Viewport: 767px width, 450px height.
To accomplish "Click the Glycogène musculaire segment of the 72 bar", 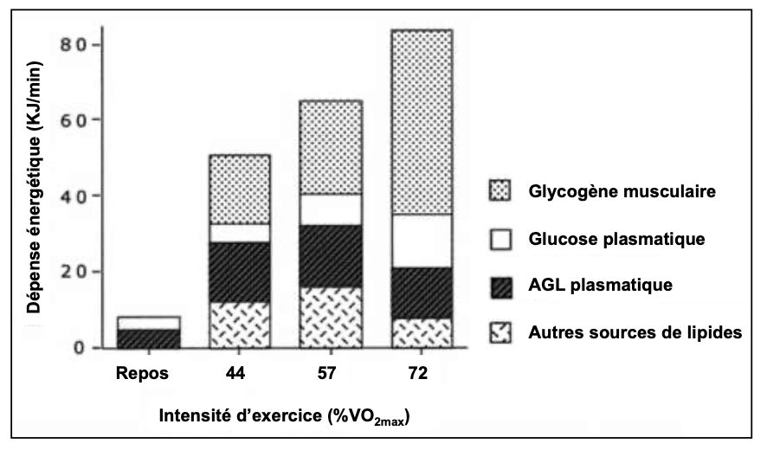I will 422,121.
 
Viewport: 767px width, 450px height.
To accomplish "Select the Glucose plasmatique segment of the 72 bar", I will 422,241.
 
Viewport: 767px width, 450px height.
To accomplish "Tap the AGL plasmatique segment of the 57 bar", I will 332,256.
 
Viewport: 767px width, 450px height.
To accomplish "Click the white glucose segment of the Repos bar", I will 149,323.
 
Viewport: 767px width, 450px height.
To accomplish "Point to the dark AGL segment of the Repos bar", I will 149,338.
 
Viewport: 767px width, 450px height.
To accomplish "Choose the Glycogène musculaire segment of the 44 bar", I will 240,189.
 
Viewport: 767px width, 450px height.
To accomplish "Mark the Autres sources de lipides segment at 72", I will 422,333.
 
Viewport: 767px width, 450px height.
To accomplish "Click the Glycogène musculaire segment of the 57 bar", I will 332,146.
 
